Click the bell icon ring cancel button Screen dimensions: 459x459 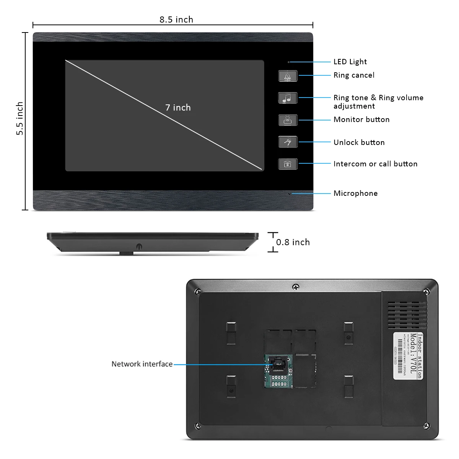pyautogui.click(x=288, y=76)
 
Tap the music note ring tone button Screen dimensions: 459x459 pyautogui.click(x=288, y=98)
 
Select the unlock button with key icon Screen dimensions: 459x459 pyautogui.click(x=288, y=142)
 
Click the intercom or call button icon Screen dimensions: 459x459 pyautogui.click(x=288, y=164)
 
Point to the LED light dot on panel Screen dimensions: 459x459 pyautogui.click(x=289, y=62)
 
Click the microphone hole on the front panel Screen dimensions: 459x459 pyautogui.click(x=289, y=194)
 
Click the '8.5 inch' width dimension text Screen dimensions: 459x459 pyautogui.click(x=176, y=20)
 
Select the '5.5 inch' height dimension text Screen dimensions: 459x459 pyautogui.click(x=20, y=118)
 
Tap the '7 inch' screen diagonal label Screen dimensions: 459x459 pyautogui.click(x=178, y=107)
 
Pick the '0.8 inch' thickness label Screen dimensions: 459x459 pyautogui.click(x=293, y=242)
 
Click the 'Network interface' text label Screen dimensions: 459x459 pyautogui.click(x=142, y=364)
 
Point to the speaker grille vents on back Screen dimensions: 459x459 pyautogui.click(x=407, y=315)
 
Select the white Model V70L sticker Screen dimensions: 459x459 pyautogui.click(x=408, y=355)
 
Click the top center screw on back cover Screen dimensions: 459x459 pyautogui.click(x=295, y=286)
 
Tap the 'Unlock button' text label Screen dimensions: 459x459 pyautogui.click(x=359, y=142)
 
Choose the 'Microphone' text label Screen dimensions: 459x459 pyautogui.click(x=355, y=193)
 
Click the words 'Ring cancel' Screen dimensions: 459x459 pyautogui.click(x=354, y=75)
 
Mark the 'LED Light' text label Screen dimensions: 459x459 pyautogui.click(x=350, y=62)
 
